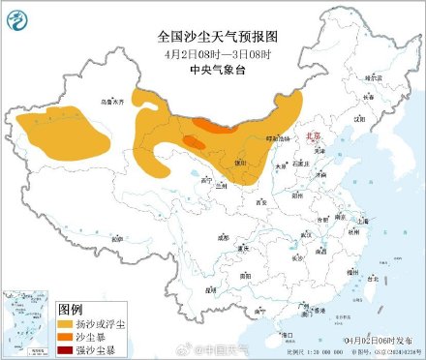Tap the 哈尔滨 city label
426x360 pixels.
point(363,75)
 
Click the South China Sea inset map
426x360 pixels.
point(27,320)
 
